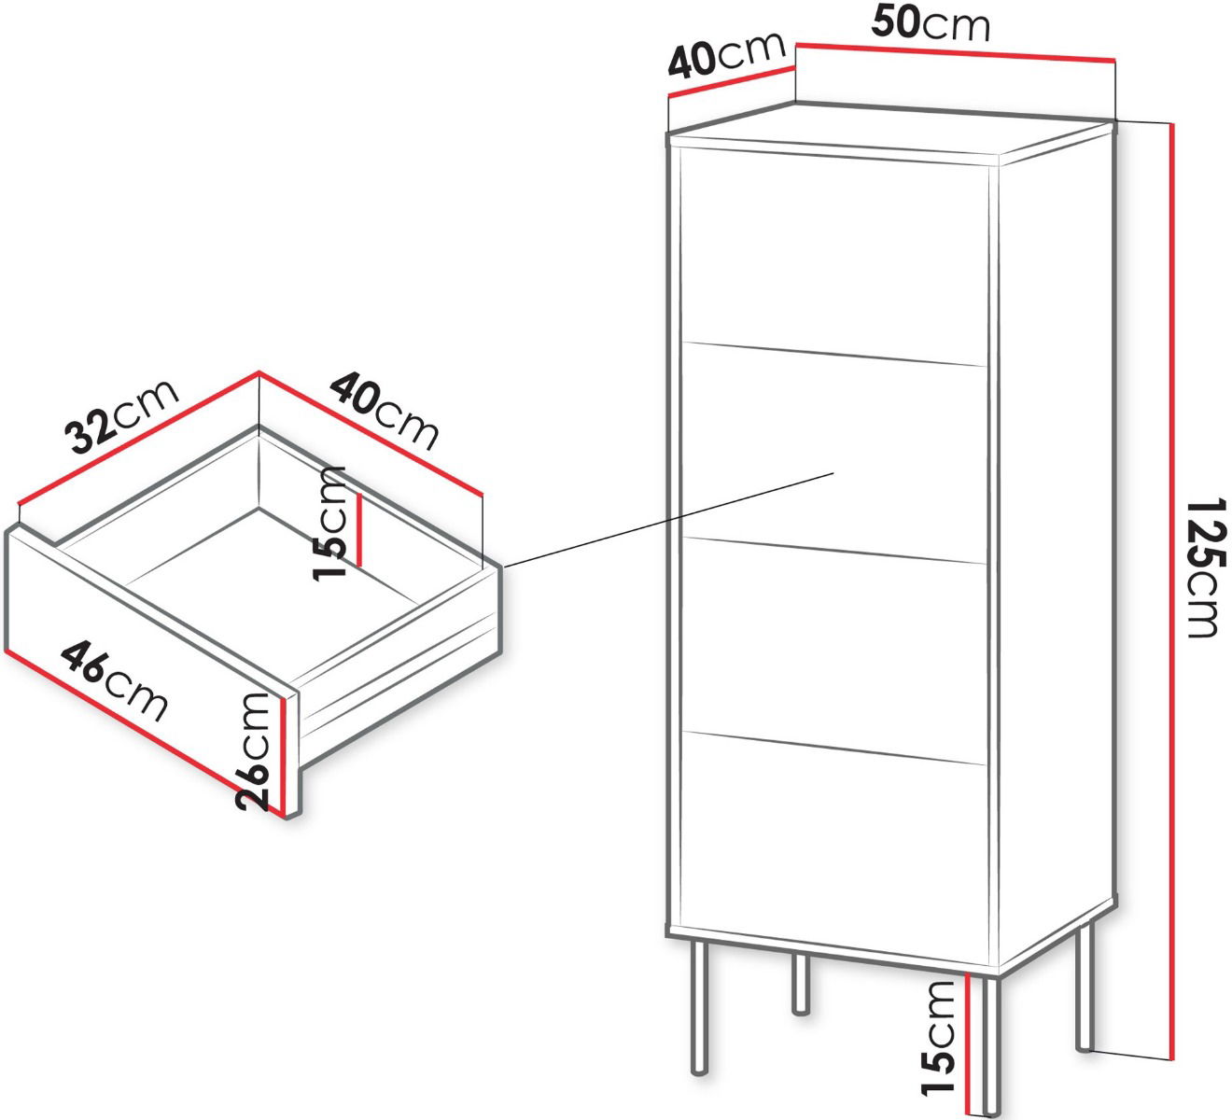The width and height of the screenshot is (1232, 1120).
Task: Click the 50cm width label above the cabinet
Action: [930, 23]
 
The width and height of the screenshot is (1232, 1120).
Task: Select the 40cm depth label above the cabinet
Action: [726, 55]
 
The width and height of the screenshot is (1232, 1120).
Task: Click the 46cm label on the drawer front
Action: [114, 680]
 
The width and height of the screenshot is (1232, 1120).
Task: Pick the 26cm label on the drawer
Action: [252, 751]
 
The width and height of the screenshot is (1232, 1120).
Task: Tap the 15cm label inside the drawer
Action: [329, 524]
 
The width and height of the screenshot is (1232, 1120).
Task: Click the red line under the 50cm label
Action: [956, 51]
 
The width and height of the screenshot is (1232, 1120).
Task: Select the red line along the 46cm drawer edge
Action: [145, 734]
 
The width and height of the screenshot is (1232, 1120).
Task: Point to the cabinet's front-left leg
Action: [699, 1008]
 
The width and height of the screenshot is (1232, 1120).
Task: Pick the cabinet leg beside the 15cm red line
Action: [990, 1044]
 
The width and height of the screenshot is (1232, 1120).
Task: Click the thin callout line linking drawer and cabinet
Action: [668, 519]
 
